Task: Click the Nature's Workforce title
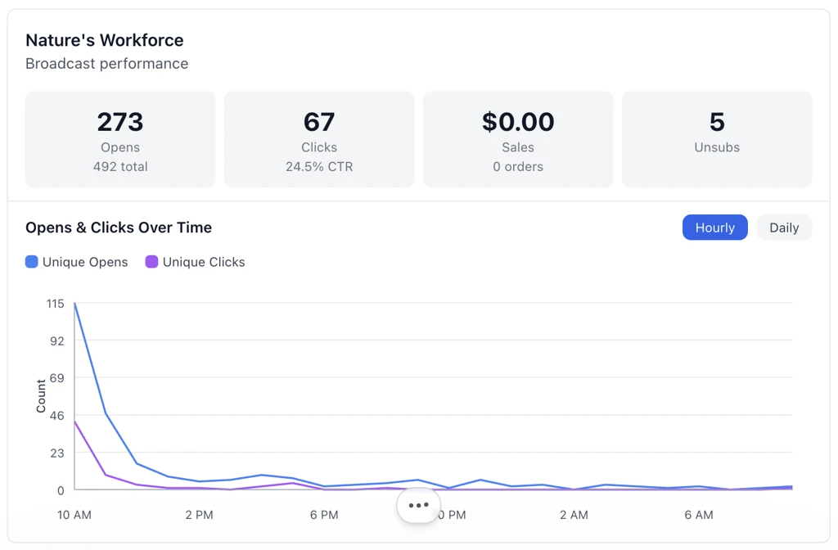pos(105,40)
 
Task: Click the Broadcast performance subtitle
pos(106,64)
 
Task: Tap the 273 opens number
pos(120,122)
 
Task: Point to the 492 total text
pos(120,167)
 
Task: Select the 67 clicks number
pos(319,122)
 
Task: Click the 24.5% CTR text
pos(319,167)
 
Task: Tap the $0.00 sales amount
pos(518,122)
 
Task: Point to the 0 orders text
pos(518,167)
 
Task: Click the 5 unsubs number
pos(717,122)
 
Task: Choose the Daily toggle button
pos(783,228)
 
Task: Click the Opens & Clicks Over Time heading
pos(119,228)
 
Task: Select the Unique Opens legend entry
pos(77,262)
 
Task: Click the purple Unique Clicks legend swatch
pos(151,262)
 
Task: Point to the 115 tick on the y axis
pos(55,304)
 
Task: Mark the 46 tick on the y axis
pos(56,416)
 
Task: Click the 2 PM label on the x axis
pos(199,515)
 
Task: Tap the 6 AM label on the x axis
pos(698,515)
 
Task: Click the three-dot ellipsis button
pos(418,505)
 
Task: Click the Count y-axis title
pos(41,396)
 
